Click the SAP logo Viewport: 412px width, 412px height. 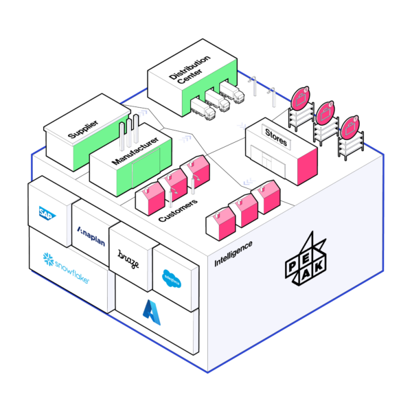[x=49, y=212]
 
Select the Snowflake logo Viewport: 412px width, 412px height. [x=66, y=263]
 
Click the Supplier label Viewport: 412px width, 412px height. [x=82, y=128]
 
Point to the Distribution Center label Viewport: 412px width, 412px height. [x=189, y=75]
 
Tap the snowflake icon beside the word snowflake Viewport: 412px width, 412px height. [x=48, y=260]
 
